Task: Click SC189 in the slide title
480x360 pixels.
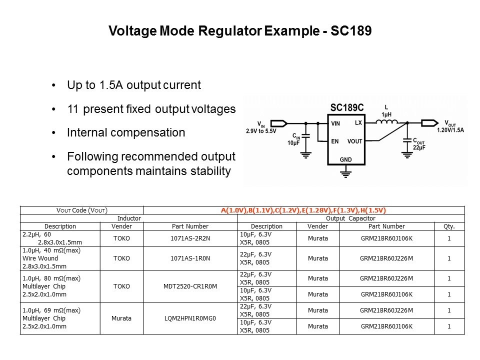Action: (x=351, y=30)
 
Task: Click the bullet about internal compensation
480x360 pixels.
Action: (x=126, y=132)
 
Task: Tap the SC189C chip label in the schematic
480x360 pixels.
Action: (x=347, y=108)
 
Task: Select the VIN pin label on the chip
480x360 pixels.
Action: (x=335, y=123)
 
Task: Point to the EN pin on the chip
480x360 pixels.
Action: (x=335, y=141)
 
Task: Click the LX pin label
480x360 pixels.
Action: (x=358, y=123)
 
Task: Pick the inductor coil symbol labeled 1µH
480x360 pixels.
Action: (x=386, y=122)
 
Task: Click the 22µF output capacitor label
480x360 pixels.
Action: (x=419, y=147)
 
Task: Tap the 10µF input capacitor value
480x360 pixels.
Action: (x=293, y=143)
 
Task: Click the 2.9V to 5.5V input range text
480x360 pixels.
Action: (x=261, y=131)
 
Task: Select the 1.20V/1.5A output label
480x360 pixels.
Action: (x=450, y=130)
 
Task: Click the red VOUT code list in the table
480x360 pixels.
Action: (x=303, y=210)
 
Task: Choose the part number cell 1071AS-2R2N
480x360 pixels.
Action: (x=190, y=238)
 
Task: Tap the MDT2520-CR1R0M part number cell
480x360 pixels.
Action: (x=190, y=286)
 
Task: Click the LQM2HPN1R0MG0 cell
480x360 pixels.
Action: (x=190, y=318)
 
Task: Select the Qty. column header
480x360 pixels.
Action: (x=449, y=226)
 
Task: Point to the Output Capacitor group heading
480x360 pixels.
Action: (x=350, y=218)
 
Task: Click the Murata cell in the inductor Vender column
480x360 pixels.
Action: (x=121, y=318)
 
